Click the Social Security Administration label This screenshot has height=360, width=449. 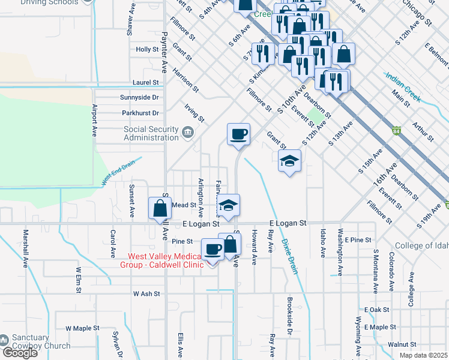coord(151,133)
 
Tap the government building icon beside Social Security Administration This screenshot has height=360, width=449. coord(188,132)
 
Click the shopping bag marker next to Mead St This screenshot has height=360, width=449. coord(160,208)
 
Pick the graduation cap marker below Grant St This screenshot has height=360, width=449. coord(289,161)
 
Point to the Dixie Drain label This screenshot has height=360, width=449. coord(289,257)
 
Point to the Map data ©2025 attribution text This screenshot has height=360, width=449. coord(423,355)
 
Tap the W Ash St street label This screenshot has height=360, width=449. coord(146,294)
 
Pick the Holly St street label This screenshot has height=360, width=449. coord(147,50)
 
